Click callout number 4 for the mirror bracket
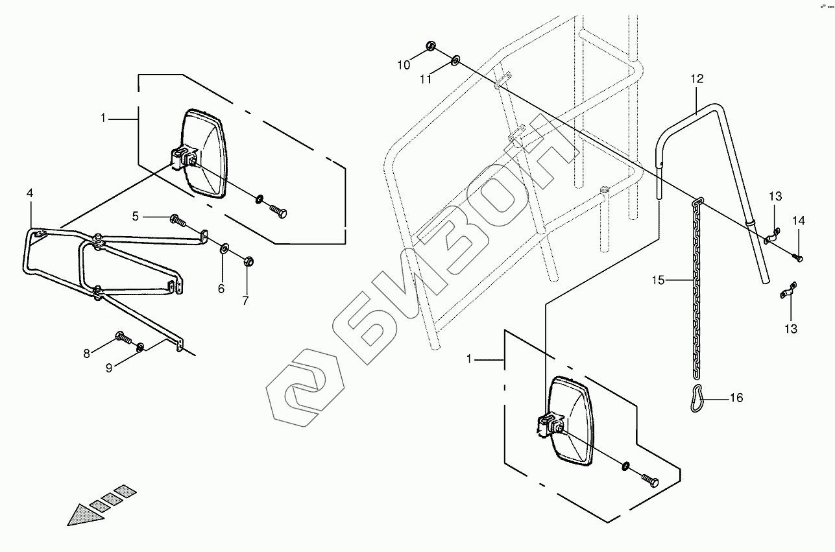pos(30,193)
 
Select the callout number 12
pos(697,79)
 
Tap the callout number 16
pos(736,398)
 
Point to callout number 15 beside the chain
pos(659,280)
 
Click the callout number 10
pos(404,64)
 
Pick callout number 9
pos(109,368)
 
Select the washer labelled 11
pos(455,60)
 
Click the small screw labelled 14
pos(798,258)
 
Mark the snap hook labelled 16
pos(698,398)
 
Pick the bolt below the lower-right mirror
pos(649,481)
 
